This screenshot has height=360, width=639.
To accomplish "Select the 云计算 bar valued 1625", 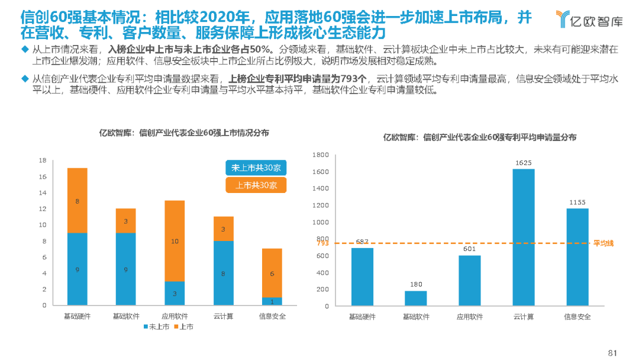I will (x=524, y=237).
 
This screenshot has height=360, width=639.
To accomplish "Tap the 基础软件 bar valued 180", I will (x=416, y=298).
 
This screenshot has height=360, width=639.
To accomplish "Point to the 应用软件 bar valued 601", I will (x=470, y=280).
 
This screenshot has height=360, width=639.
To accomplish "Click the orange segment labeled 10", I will (x=175, y=241).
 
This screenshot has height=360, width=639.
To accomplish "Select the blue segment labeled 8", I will (x=223, y=273).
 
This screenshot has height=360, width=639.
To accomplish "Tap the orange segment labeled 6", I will (x=272, y=273).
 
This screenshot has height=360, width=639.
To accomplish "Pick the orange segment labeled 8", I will (x=78, y=201).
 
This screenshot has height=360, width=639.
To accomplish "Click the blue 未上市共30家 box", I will (x=256, y=168).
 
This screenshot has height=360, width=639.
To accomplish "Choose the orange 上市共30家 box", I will (x=256, y=185).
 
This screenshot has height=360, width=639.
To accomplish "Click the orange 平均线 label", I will (x=604, y=243).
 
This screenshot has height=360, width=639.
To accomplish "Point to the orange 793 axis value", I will (x=322, y=243).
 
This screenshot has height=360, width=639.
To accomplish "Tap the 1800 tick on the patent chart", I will (x=321, y=155).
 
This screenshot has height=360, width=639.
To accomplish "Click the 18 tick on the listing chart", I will (x=42, y=160).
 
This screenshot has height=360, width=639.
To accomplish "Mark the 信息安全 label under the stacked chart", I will (x=272, y=316).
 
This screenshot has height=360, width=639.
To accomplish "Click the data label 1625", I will (x=524, y=162).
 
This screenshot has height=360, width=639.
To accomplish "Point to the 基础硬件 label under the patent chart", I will (x=362, y=317).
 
